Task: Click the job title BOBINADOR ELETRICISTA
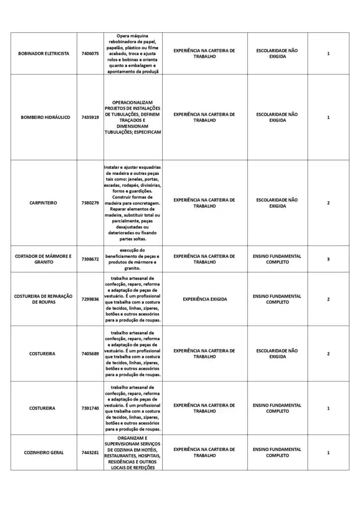pyautogui.click(x=44, y=54)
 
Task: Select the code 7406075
pyautogui.click(x=90, y=54)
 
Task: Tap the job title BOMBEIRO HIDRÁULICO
pyautogui.click(x=45, y=117)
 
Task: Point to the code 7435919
pyautogui.click(x=90, y=117)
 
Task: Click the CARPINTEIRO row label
pyautogui.click(x=44, y=203)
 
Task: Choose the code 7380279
pyautogui.click(x=90, y=203)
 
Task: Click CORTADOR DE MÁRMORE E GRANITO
pyautogui.click(x=44, y=259)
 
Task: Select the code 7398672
pyautogui.click(x=90, y=259)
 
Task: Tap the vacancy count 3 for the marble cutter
pyautogui.click(x=328, y=259)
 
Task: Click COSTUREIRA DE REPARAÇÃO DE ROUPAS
pyautogui.click(x=44, y=299)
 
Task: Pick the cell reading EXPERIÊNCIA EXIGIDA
pyautogui.click(x=204, y=299)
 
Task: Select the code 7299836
pyautogui.click(x=90, y=299)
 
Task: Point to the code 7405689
pyautogui.click(x=90, y=354)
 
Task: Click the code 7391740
pyautogui.click(x=90, y=408)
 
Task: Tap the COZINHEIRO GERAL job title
pyautogui.click(x=44, y=453)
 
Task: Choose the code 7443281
pyautogui.click(x=90, y=453)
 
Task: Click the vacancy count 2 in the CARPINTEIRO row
pyautogui.click(x=328, y=203)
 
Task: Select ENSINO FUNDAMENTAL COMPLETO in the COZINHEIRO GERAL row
pyautogui.click(x=277, y=452)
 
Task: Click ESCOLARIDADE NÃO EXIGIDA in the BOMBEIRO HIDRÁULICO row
pyautogui.click(x=277, y=117)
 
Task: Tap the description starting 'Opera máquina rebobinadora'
pyautogui.click(x=133, y=54)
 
